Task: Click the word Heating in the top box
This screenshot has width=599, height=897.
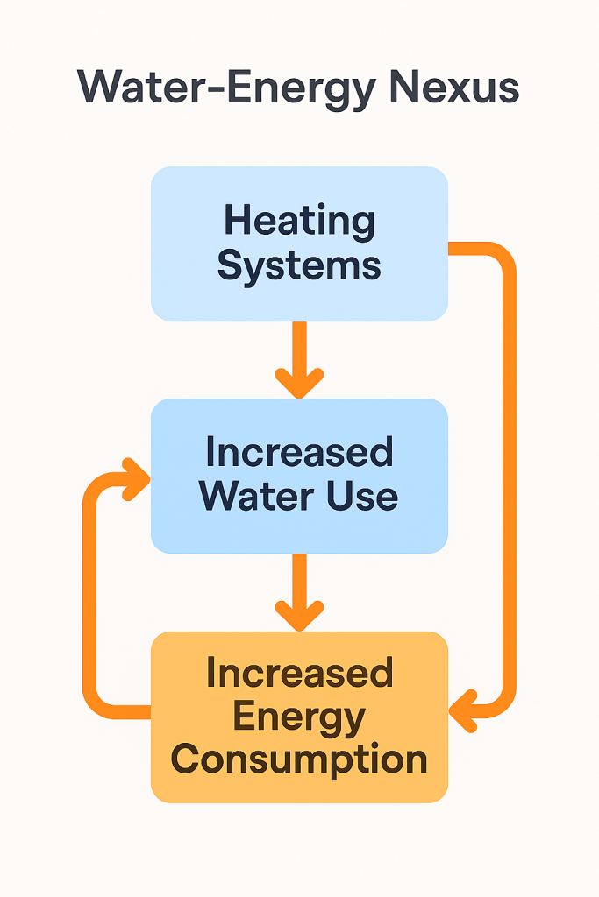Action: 299,221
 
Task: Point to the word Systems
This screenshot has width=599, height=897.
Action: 299,264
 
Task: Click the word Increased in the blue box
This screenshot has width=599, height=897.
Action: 299,453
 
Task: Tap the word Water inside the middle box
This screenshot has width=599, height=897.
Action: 252,496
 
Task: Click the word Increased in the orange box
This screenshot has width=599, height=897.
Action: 299,674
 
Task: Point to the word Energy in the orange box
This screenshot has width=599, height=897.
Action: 299,717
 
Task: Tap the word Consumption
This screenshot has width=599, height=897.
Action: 299,759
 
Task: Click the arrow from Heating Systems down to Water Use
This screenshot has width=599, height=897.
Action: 299,359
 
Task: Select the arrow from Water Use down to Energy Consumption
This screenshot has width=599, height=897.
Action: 299,592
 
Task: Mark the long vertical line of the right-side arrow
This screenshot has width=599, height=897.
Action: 508,482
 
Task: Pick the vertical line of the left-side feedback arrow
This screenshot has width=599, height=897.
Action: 90,596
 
